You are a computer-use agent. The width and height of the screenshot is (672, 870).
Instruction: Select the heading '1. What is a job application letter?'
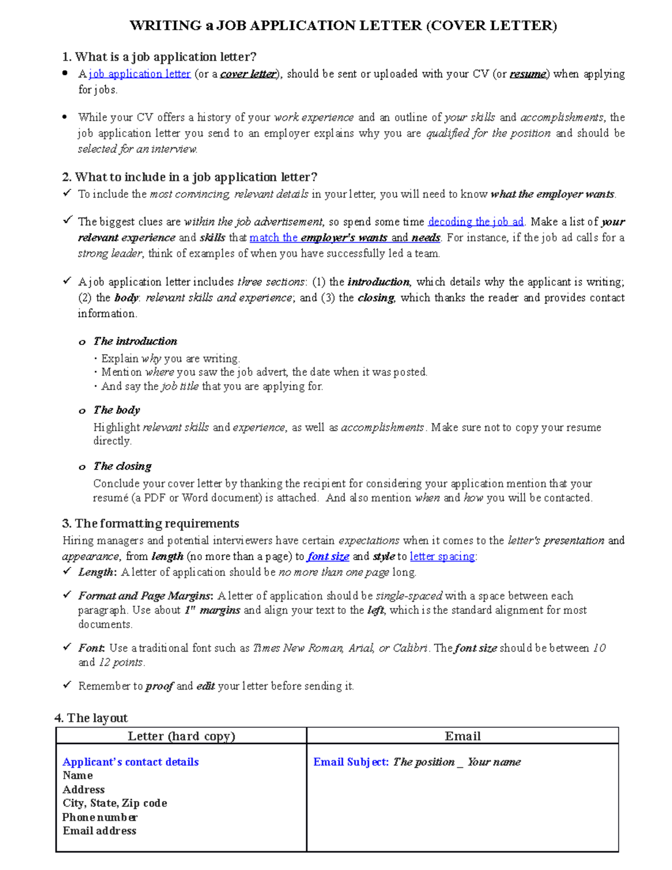click(x=159, y=57)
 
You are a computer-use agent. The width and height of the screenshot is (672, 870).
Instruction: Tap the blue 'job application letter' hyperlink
click(x=140, y=74)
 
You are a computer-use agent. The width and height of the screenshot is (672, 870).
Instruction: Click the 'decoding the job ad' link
click(x=475, y=222)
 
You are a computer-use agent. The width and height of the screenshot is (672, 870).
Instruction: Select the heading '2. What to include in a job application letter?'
click(x=189, y=177)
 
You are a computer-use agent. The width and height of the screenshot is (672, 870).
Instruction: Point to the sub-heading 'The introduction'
click(x=135, y=341)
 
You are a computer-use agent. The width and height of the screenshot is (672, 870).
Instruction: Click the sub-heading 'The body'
click(x=116, y=410)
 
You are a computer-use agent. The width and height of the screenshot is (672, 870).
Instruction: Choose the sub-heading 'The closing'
click(x=122, y=466)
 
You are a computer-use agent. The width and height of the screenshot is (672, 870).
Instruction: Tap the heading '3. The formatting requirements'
click(x=151, y=523)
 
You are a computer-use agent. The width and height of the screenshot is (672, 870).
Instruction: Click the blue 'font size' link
click(x=328, y=556)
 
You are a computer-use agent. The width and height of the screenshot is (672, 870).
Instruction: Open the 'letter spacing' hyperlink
click(x=442, y=556)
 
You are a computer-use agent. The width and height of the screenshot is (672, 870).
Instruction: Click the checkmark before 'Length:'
click(x=67, y=571)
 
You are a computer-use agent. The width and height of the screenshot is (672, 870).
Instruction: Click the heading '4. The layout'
click(x=91, y=718)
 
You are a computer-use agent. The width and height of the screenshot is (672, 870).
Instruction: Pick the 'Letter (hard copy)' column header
click(x=181, y=736)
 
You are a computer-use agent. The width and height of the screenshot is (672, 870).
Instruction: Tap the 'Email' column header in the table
click(x=463, y=736)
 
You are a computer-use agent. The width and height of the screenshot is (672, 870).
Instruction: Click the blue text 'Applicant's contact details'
click(x=130, y=762)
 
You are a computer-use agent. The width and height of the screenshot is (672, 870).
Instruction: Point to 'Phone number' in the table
click(x=100, y=817)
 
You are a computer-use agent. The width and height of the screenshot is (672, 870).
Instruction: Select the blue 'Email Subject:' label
click(x=351, y=762)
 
